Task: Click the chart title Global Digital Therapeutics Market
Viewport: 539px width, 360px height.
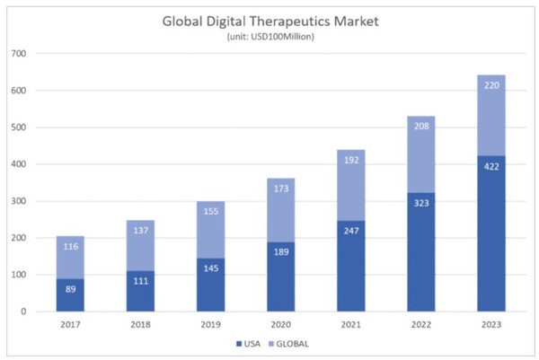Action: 269,21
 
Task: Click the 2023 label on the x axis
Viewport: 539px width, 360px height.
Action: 490,324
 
